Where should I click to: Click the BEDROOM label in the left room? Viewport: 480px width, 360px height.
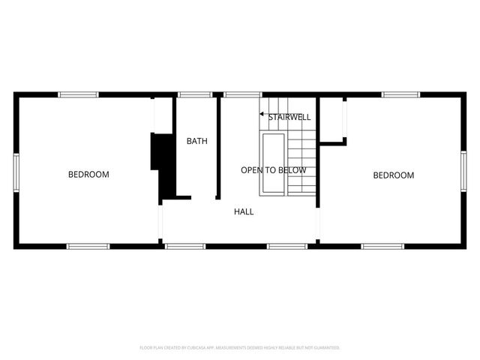(88, 175)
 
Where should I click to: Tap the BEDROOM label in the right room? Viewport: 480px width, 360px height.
(394, 175)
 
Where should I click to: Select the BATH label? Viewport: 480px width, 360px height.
(197, 141)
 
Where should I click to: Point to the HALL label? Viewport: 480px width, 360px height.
(244, 212)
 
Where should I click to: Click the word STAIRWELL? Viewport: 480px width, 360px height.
(289, 117)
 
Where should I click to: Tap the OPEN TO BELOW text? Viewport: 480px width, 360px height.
(274, 170)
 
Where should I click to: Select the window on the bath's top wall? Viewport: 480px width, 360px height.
(194, 94)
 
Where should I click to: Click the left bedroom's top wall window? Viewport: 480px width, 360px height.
(79, 94)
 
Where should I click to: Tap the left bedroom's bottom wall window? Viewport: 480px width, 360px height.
(88, 245)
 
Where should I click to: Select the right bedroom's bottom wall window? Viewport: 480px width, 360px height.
(382, 245)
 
